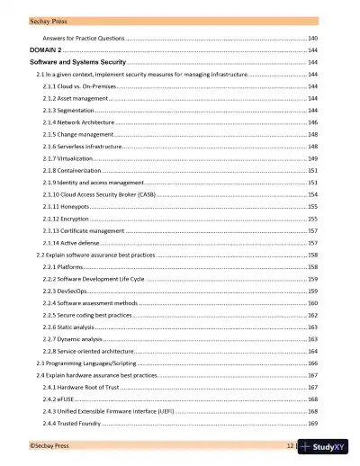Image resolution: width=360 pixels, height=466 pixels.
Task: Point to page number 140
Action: (x=311, y=39)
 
